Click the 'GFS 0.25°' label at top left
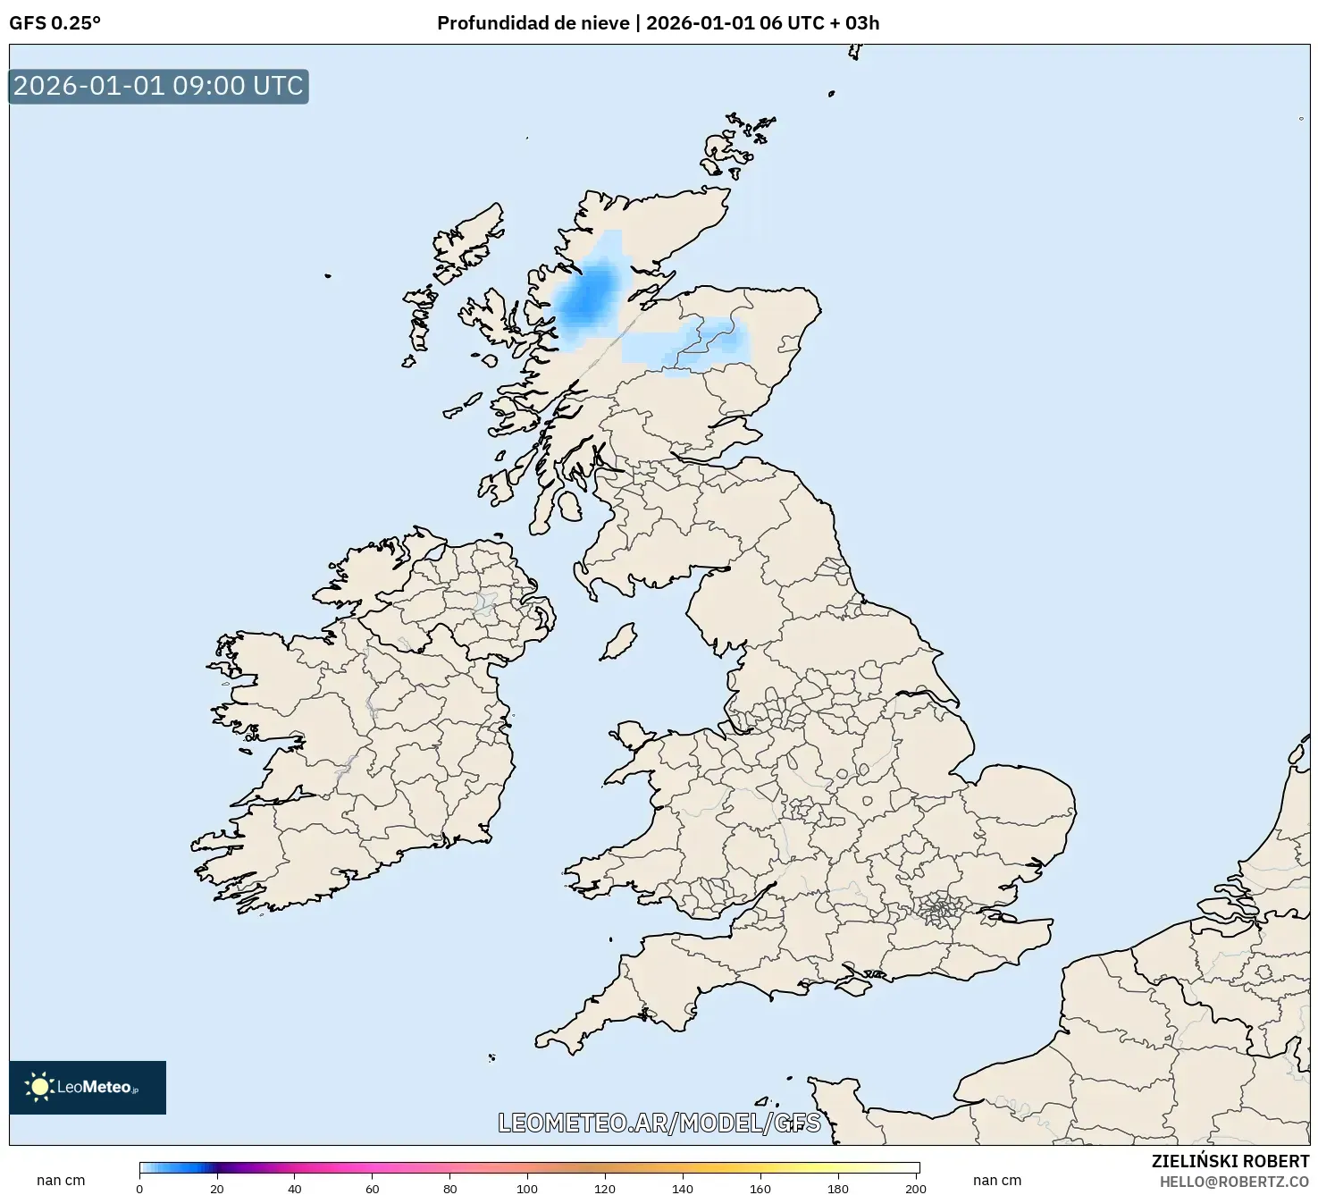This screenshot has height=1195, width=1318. [x=55, y=23]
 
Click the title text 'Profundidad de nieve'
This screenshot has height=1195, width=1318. [x=533, y=23]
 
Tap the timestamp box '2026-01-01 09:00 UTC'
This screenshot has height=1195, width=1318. [x=158, y=86]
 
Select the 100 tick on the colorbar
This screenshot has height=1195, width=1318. [x=527, y=1188]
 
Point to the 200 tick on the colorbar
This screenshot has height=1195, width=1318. [x=916, y=1188]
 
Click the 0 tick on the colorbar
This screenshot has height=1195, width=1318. [x=139, y=1188]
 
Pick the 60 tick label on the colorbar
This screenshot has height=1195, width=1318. [x=373, y=1188]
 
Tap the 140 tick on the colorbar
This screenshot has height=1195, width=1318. [x=683, y=1188]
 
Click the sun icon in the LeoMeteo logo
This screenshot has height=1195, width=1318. [x=39, y=1087]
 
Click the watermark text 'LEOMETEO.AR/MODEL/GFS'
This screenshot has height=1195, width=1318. [x=659, y=1123]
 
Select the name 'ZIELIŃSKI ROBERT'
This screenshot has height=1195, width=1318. [x=1230, y=1161]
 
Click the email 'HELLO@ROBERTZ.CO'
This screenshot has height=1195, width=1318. [x=1234, y=1182]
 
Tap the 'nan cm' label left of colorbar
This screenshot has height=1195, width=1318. [x=61, y=1180]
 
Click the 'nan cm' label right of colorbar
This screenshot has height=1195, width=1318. [x=997, y=1180]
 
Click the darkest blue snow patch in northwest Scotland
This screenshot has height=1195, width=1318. [x=585, y=295]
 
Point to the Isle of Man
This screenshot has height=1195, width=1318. [x=617, y=643]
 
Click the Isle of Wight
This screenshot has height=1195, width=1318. [x=855, y=985]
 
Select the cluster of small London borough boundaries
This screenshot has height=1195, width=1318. [x=940, y=910]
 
